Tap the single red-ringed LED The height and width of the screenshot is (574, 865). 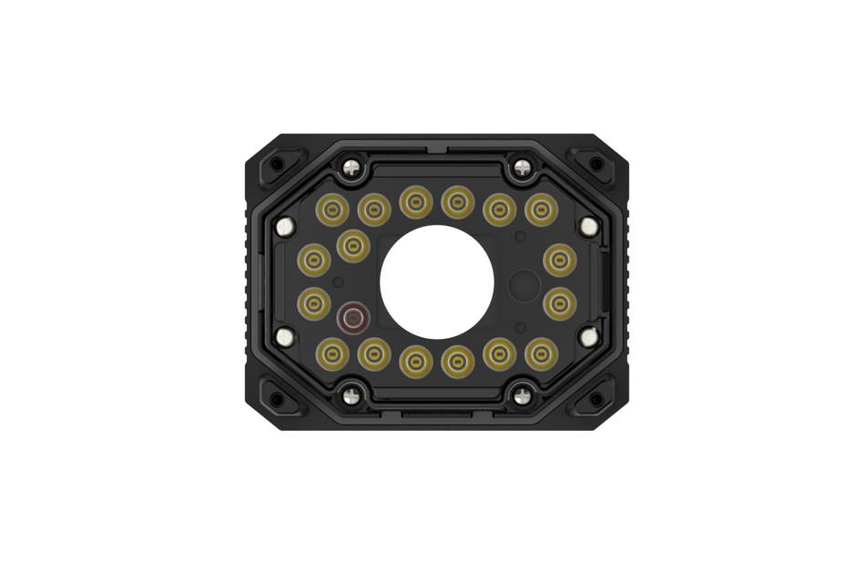click(x=352, y=318)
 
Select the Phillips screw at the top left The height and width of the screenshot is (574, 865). click(x=351, y=168)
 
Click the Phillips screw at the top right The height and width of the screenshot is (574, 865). click(x=522, y=168)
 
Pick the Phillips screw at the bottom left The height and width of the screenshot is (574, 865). click(x=351, y=395)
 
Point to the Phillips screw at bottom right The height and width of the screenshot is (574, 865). click(x=522, y=395)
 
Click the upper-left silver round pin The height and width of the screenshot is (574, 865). click(x=285, y=226)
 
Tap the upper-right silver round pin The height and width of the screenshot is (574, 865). click(x=589, y=226)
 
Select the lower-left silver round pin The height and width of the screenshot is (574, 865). click(x=285, y=337)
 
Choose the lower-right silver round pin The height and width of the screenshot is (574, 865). click(x=589, y=337)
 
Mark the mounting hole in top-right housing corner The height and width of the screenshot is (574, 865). click(x=596, y=164)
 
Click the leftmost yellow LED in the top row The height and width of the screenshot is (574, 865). click(x=332, y=210)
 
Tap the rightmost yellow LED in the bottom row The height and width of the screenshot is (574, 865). click(x=542, y=354)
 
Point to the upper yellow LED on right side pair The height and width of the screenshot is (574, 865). click(x=560, y=261)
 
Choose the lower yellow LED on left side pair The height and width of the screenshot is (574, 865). click(x=314, y=302)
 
